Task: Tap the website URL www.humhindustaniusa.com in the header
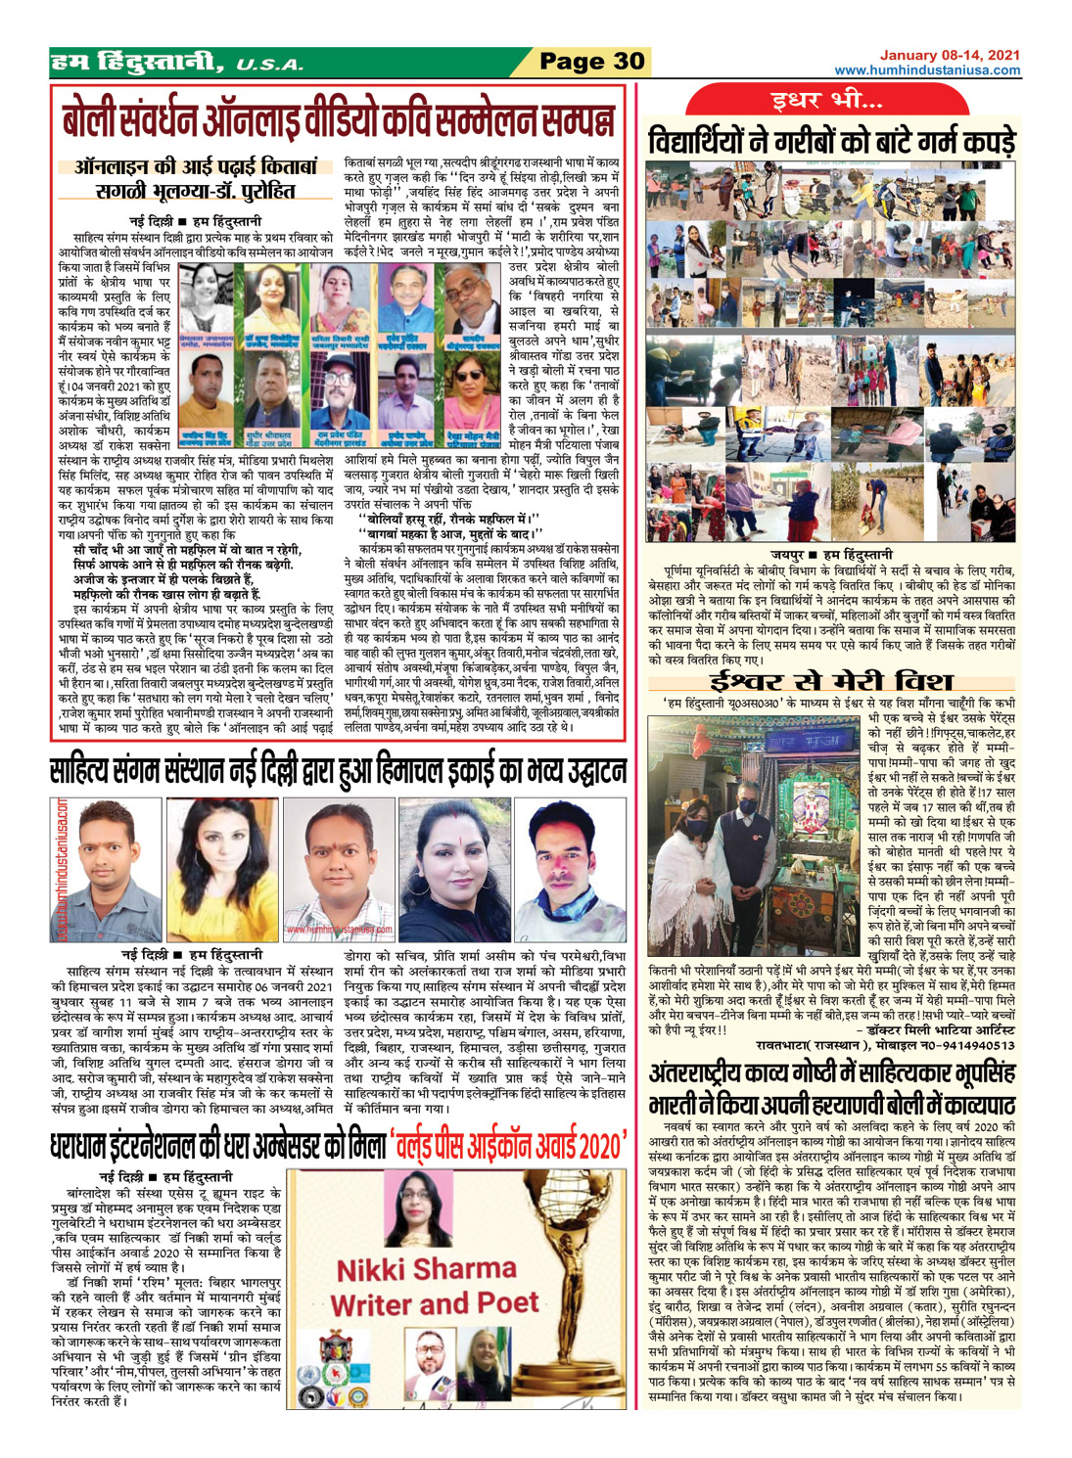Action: (x=927, y=70)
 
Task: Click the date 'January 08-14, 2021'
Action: (x=949, y=55)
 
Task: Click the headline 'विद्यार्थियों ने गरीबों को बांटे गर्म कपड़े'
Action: (x=831, y=141)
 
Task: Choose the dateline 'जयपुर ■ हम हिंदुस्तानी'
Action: (x=831, y=554)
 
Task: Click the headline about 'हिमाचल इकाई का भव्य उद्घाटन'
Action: (x=337, y=770)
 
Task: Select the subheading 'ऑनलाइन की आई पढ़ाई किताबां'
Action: (x=196, y=167)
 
